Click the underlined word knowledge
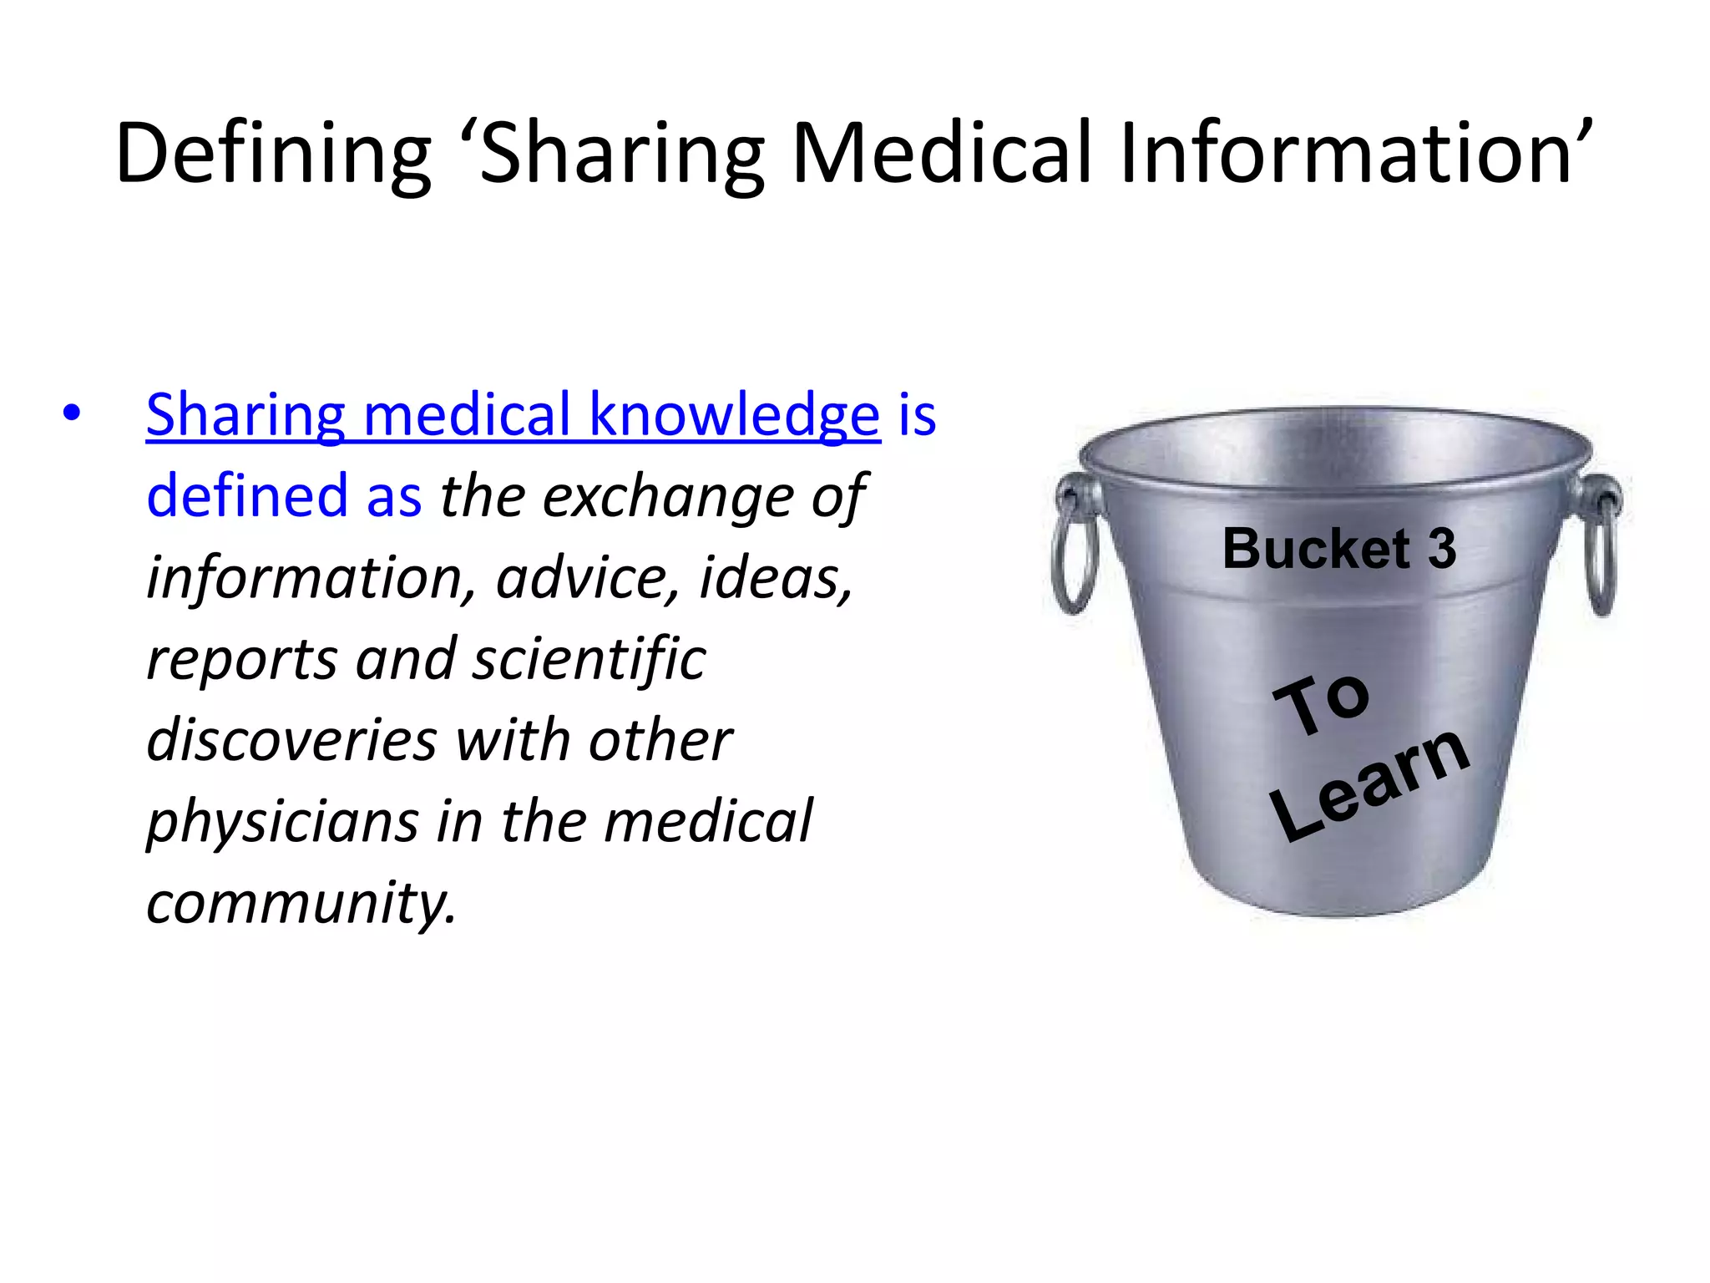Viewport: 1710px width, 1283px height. click(x=734, y=414)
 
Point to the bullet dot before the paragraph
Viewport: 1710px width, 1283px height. click(x=72, y=413)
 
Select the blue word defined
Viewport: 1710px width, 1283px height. click(x=247, y=495)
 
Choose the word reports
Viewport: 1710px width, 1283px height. click(x=241, y=659)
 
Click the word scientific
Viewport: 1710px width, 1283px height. click(x=589, y=659)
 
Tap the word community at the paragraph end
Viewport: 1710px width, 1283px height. click(x=301, y=903)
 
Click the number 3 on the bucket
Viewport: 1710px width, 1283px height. click(x=1441, y=549)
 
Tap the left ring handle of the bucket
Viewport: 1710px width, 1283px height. click(x=1074, y=543)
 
